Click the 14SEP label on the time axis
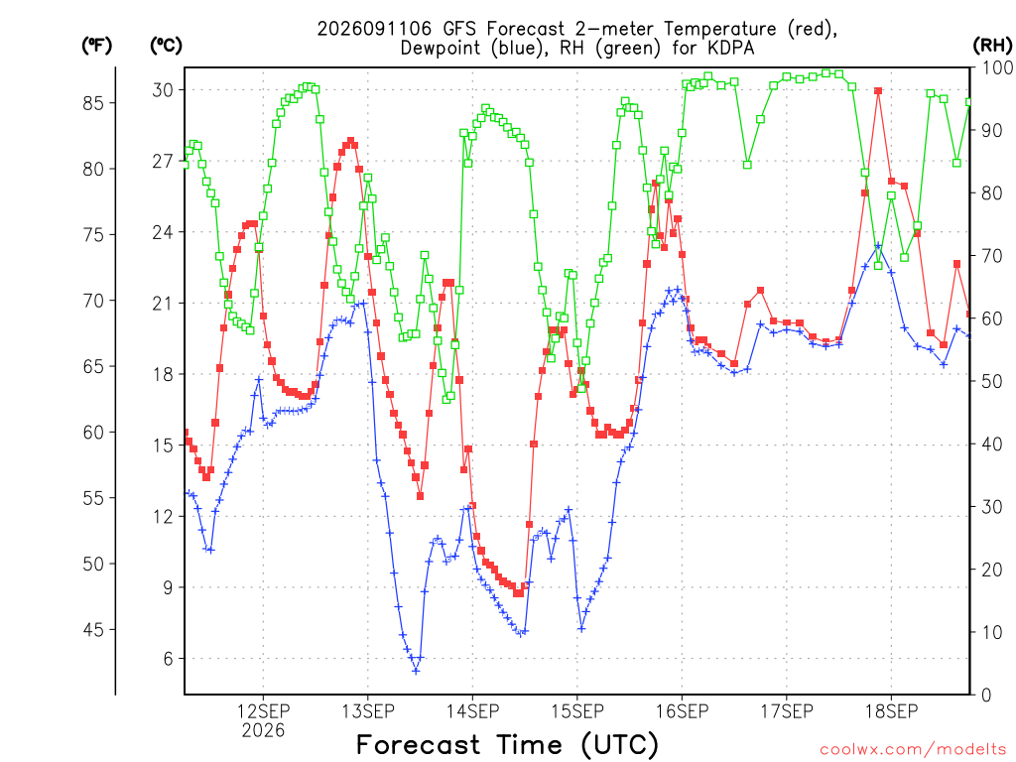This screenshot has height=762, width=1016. click(x=472, y=711)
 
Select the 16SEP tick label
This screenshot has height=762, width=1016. click(x=682, y=711)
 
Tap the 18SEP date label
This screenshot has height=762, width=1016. click(x=891, y=711)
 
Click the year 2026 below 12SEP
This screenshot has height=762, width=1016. click(x=263, y=731)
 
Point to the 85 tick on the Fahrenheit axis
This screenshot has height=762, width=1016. click(x=93, y=103)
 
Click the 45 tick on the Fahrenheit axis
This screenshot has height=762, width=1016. click(x=93, y=630)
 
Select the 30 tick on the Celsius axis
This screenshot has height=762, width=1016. click(x=163, y=90)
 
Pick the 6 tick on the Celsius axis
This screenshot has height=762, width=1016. click(x=169, y=659)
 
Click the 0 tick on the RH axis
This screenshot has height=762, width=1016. click(x=987, y=696)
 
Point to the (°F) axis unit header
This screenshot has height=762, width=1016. click(x=96, y=46)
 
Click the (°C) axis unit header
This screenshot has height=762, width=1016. click(x=166, y=46)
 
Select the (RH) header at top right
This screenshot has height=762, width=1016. click(x=992, y=46)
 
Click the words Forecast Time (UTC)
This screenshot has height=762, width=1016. click(x=507, y=745)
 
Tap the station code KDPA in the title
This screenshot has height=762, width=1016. click(x=730, y=48)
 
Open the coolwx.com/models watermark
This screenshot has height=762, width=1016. click(x=913, y=750)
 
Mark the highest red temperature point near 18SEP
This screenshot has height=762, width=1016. click(x=878, y=91)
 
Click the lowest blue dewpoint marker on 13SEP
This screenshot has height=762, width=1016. click(x=416, y=671)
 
